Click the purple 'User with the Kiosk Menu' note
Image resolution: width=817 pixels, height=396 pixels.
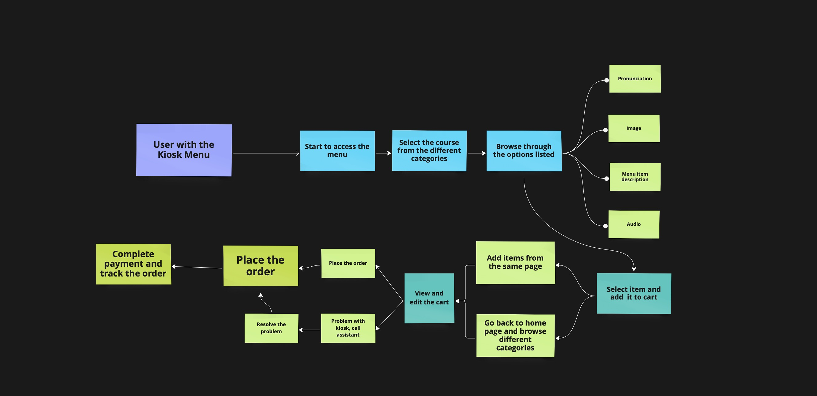tap(184, 150)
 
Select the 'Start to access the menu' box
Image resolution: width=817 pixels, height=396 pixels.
tap(337, 151)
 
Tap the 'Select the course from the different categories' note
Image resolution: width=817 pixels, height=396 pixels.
tap(429, 151)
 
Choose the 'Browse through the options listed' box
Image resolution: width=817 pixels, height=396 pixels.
tap(524, 151)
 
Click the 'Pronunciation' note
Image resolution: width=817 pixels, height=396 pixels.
tap(635, 79)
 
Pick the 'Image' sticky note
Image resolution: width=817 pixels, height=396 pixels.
tap(634, 129)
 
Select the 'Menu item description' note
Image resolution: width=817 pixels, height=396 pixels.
tap(635, 177)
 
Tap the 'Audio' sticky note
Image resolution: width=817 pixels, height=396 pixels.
tap(634, 224)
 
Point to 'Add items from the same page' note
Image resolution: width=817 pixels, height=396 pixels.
tap(515, 262)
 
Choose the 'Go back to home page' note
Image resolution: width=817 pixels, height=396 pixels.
tap(515, 335)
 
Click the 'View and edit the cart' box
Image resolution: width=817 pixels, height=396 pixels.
tap(429, 298)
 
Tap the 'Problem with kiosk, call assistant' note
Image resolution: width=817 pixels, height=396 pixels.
tap(348, 328)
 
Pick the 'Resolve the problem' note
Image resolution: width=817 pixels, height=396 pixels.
tap(271, 328)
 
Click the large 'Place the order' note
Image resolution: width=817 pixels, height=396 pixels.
tap(260, 266)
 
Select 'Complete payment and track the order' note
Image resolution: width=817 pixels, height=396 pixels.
tap(133, 264)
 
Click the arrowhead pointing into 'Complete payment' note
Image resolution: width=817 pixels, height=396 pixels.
tap(174, 266)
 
